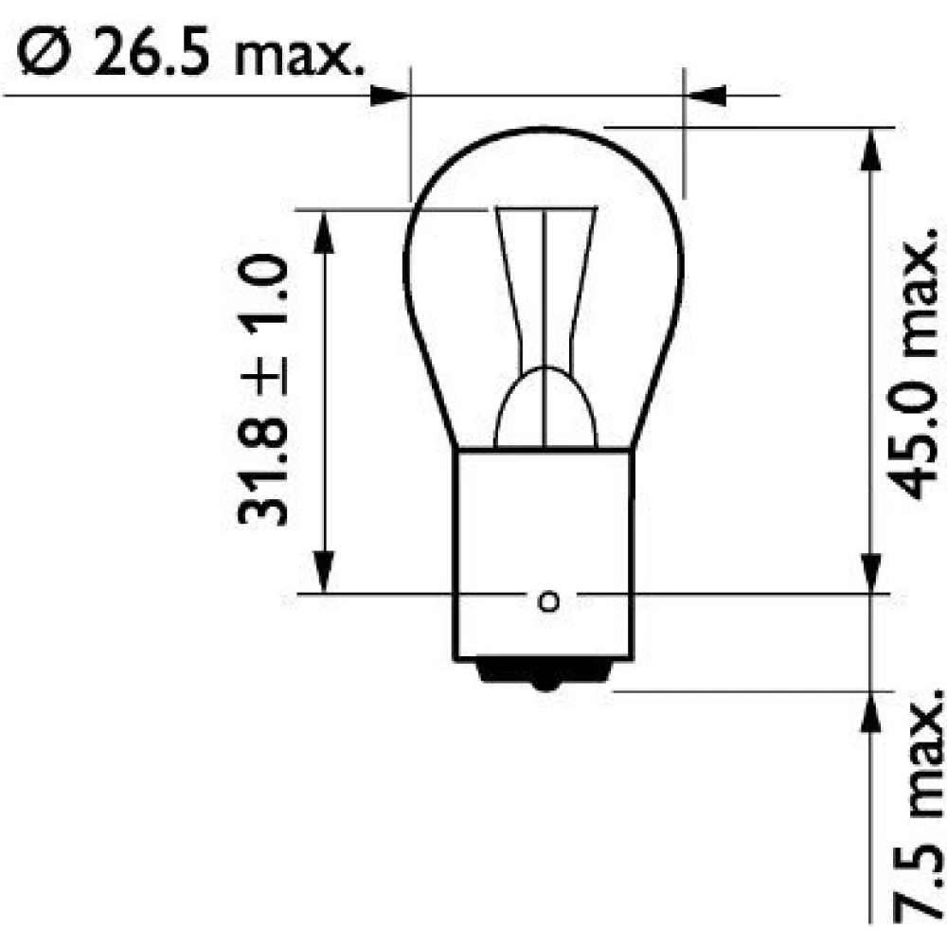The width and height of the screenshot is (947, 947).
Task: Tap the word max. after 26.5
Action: tap(300, 58)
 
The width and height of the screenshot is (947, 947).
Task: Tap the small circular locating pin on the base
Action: tap(548, 601)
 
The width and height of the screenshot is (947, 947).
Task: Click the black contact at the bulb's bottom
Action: tap(546, 674)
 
